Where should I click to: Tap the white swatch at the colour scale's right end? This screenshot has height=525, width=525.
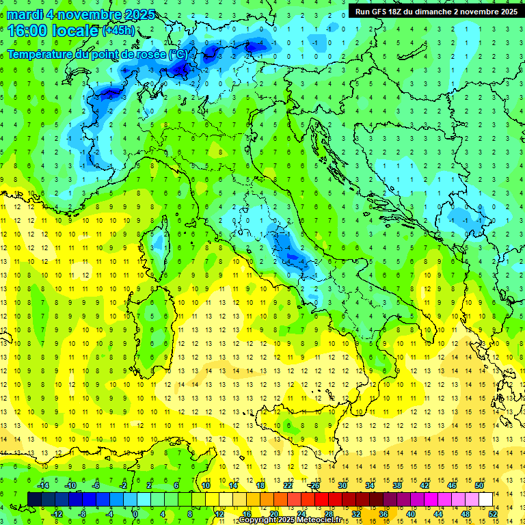pos(485,499)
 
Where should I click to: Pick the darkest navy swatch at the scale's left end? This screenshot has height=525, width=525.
pos(34,499)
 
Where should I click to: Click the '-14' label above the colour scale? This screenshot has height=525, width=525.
pos(42,485)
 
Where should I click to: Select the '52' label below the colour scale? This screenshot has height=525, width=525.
pos(493,513)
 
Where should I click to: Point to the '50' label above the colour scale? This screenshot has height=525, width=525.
pos(479,485)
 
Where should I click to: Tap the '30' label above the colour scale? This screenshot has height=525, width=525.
pos(342,485)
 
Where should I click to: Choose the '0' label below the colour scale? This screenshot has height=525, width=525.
pos(136,513)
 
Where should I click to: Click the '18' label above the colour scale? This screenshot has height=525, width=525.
pos(260,485)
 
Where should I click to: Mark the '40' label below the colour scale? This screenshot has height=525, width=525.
pos(411,513)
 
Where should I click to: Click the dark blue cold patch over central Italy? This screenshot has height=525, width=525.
pos(293,256)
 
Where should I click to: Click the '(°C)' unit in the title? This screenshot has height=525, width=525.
pos(178,54)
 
